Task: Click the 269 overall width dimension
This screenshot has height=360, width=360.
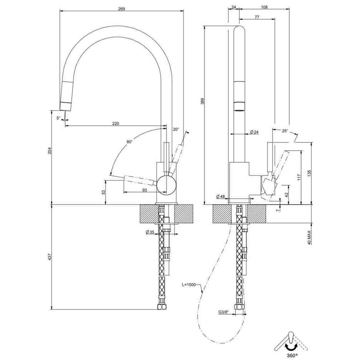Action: tap(121, 9)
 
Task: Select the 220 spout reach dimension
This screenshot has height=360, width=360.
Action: tap(115, 123)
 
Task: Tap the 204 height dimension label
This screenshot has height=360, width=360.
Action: tap(50, 151)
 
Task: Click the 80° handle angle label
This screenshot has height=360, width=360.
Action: tap(130, 142)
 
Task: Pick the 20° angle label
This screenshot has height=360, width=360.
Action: tap(176, 130)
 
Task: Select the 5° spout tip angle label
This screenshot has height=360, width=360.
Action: tap(58, 118)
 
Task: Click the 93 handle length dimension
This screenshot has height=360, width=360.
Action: tap(145, 190)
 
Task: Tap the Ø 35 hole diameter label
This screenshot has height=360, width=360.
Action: tap(150, 232)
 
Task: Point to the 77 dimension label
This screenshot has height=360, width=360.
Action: tap(257, 17)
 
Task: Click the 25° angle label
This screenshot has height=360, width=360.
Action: tap(285, 131)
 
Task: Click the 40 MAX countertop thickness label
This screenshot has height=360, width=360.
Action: tap(309, 238)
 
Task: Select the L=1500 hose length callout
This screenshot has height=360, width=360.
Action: tap(189, 285)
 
